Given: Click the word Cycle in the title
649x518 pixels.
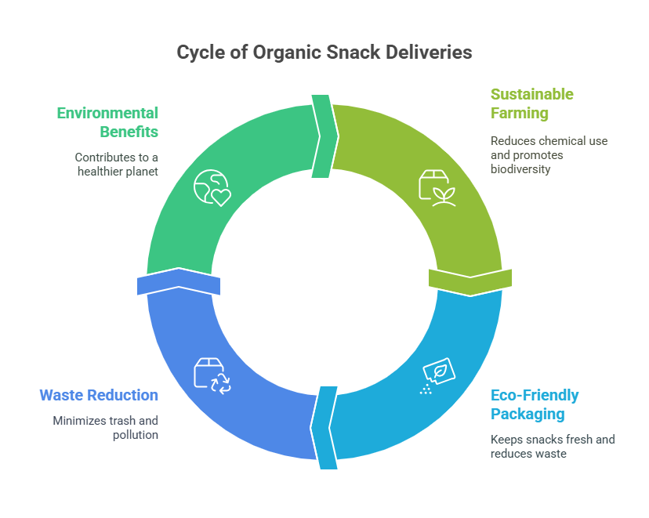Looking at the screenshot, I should pos(197,53).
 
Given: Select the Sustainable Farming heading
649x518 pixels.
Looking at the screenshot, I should pos(531,103).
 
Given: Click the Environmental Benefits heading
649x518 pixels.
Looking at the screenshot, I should pos(107,121).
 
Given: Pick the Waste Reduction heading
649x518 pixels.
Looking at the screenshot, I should pos(99,395).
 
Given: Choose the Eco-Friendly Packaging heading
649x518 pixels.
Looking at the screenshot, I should pos(535,404).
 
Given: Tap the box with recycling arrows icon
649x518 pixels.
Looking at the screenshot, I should pos(212,375).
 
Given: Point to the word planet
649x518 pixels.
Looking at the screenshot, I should pos(142,171).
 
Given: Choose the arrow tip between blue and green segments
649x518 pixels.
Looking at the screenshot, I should pos(179,270).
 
